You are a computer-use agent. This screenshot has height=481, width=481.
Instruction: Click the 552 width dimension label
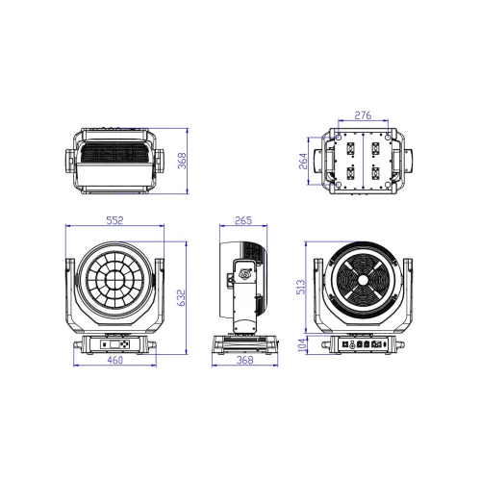(114, 220)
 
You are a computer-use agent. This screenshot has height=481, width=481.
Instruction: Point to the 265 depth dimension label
(243, 220)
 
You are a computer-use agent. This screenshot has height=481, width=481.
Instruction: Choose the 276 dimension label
(365, 115)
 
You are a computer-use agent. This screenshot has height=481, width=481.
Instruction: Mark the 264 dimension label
(302, 160)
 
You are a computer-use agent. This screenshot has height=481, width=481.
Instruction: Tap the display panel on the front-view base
(114, 343)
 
